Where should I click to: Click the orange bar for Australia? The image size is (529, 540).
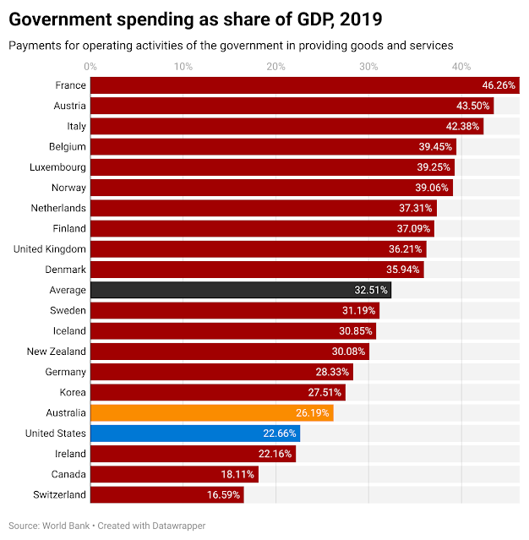pos(211,412)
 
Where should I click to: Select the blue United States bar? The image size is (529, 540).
pos(194,434)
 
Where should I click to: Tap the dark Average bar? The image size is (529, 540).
pos(240,290)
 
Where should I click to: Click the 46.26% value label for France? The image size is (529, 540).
pos(499,85)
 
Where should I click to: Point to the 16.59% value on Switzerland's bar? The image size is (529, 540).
pos(223,495)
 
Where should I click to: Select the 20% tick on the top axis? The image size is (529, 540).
pos(275,66)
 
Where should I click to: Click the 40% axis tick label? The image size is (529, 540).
pos(461,66)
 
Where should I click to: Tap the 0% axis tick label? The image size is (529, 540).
pos(90,66)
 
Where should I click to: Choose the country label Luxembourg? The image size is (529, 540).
pos(57,167)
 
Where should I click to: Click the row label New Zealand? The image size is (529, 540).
pos(57,352)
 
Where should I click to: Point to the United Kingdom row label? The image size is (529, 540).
pos(50,249)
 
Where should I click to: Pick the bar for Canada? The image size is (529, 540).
pos(173,474)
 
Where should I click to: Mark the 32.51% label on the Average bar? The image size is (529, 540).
pos(371,290)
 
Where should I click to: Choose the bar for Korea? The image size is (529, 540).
pos(217,392)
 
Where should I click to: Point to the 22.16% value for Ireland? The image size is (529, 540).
pos(275,454)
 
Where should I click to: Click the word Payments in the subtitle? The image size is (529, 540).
pos(34,45)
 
